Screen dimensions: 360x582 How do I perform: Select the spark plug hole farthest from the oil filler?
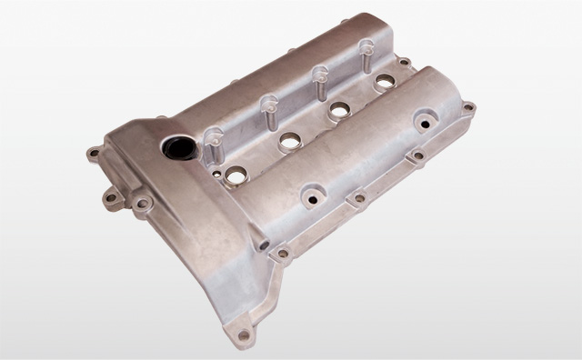(384, 82)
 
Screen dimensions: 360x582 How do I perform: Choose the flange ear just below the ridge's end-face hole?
(283, 255)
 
